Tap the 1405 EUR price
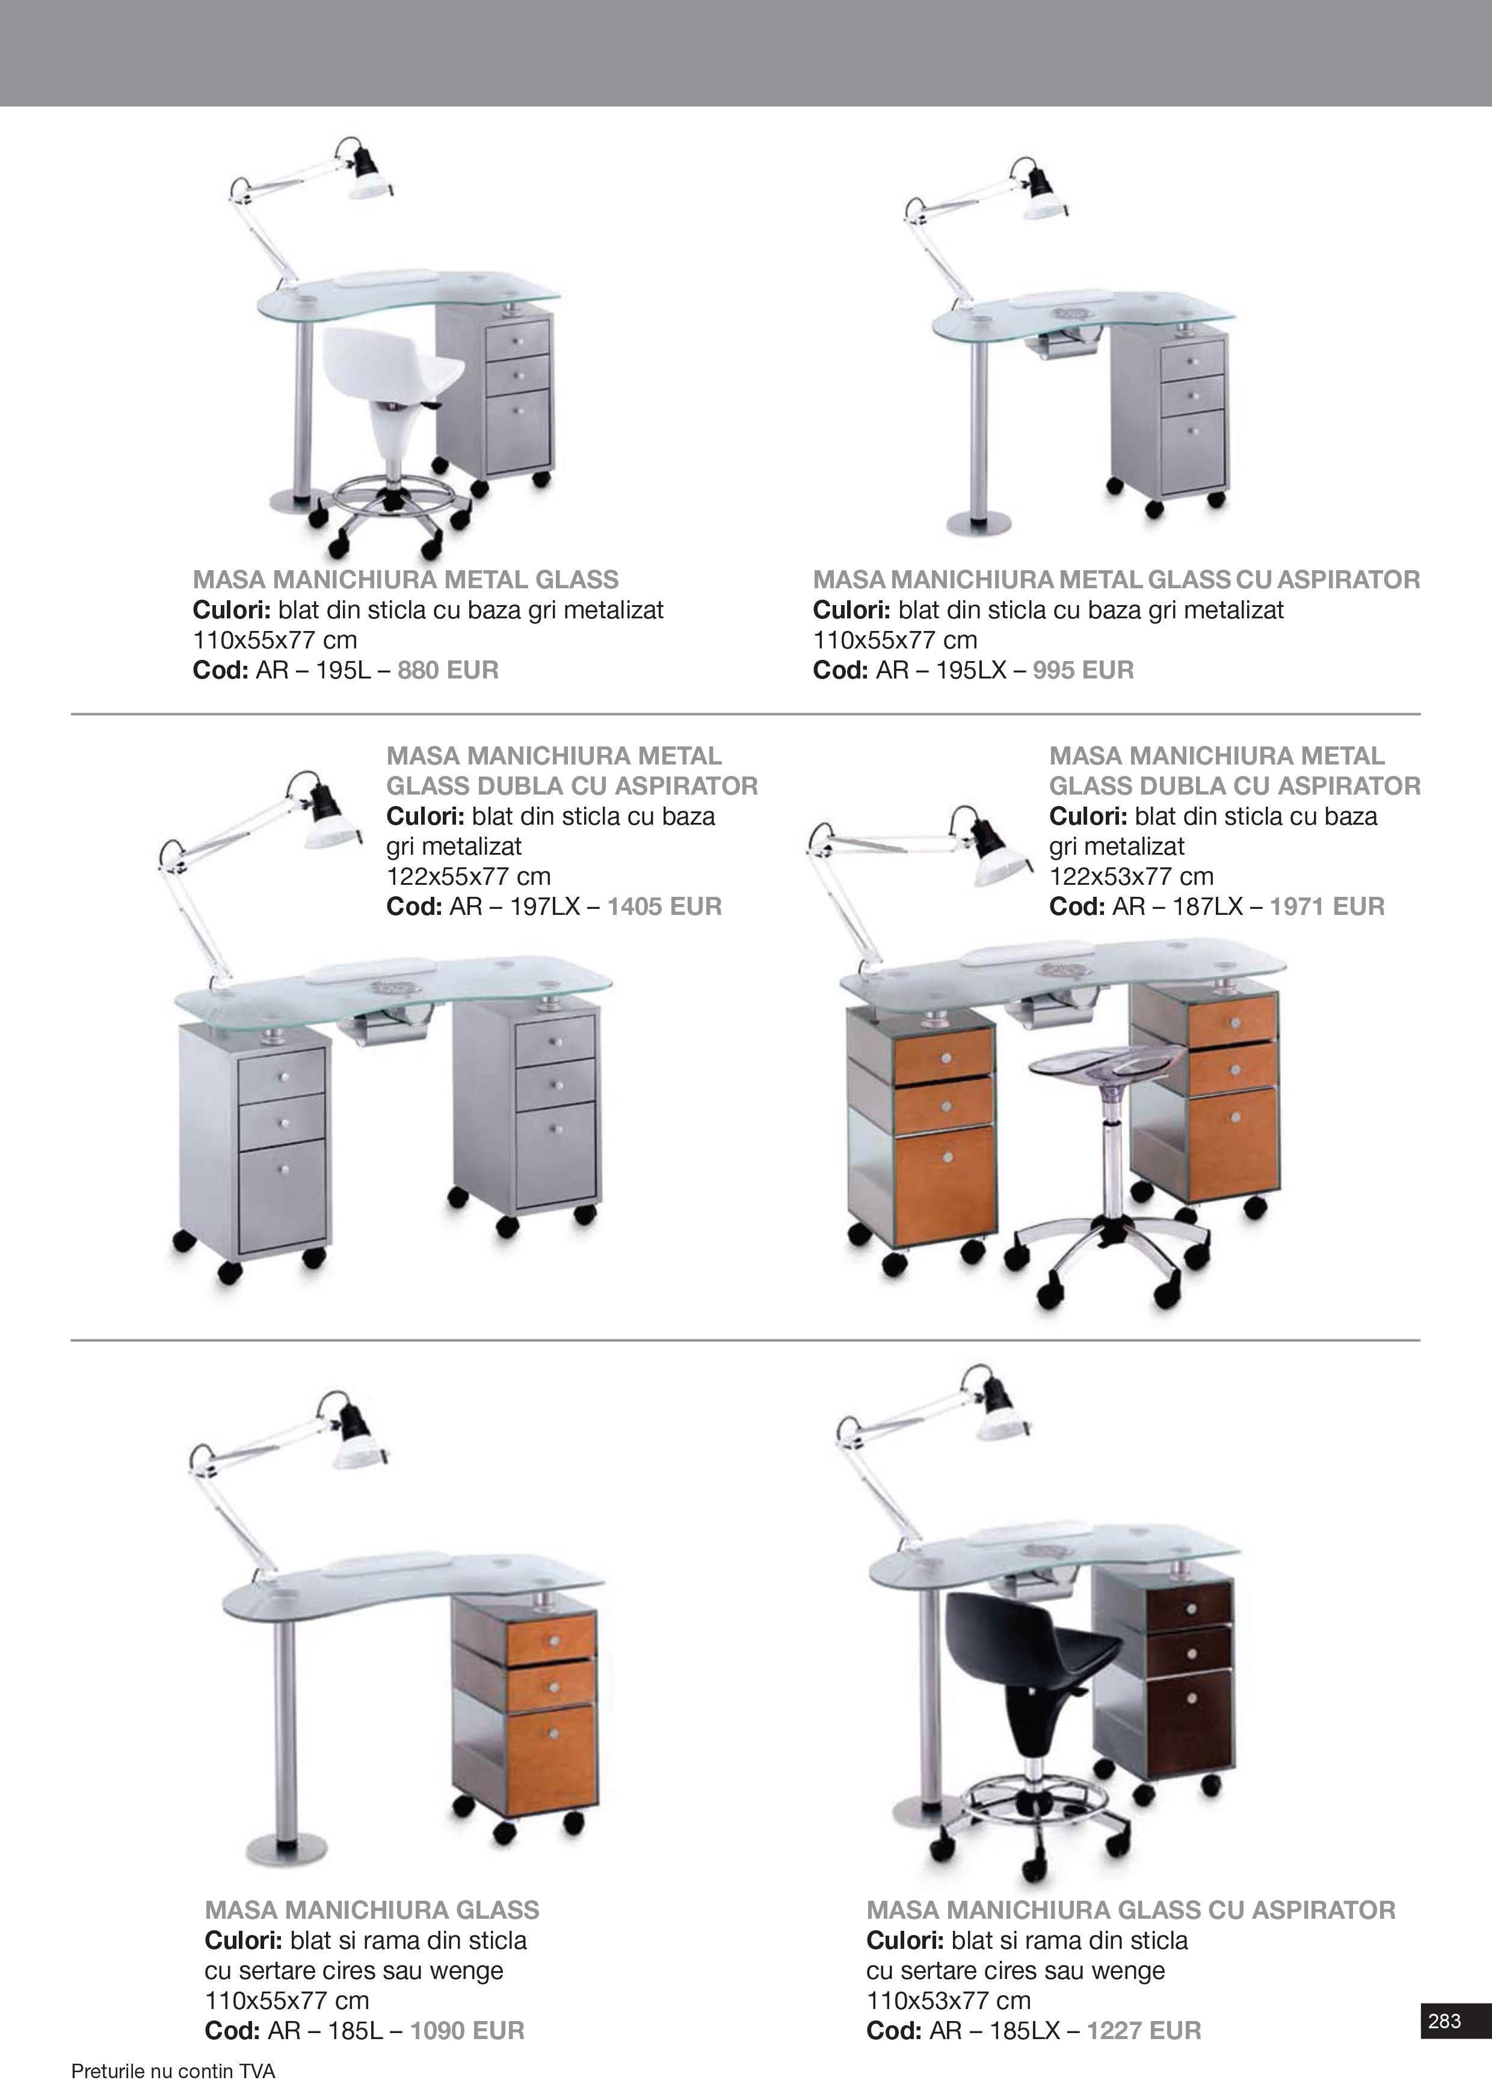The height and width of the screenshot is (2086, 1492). point(664,906)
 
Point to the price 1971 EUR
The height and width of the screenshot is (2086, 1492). point(1327,906)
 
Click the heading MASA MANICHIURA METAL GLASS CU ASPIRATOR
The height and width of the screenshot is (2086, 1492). point(1116,580)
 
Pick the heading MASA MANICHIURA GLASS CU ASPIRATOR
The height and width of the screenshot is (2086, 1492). point(1131,1910)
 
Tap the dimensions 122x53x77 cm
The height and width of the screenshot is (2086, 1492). point(1131,876)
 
